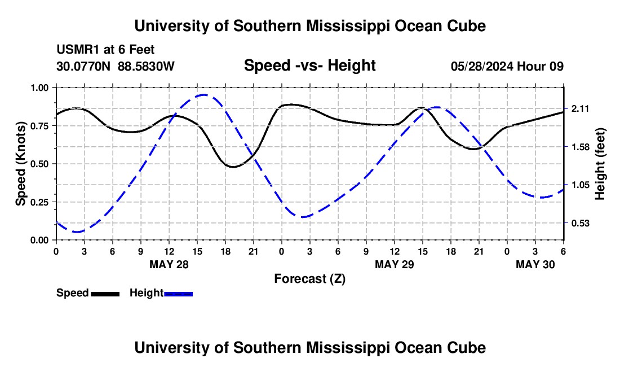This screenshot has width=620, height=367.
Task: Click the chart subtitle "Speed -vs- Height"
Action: coord(309,66)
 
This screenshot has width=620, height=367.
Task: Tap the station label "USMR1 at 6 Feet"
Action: coord(105,50)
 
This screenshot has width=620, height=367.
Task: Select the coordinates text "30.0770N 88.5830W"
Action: coord(116,67)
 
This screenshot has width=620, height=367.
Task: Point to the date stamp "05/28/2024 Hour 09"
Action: coord(507,67)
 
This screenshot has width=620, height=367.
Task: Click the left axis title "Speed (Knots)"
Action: coord(21,164)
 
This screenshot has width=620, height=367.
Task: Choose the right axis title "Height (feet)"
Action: coord(600,164)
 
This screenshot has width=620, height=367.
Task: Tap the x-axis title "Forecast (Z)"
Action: coord(309,278)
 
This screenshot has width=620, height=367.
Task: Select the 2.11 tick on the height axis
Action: coord(580,109)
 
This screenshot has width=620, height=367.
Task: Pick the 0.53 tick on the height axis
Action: coord(580,223)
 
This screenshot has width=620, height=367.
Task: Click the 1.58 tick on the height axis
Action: coord(580,147)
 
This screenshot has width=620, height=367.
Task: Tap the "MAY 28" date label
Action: coord(169,264)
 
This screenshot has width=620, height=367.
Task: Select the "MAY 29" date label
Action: coord(395,264)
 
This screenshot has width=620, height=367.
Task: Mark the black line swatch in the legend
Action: coord(105,293)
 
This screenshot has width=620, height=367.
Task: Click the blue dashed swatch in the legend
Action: coord(178,293)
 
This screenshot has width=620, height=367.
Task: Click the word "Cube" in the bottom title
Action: coord(467,347)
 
